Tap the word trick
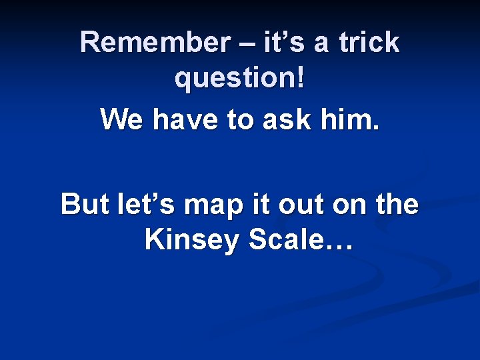tap(369, 43)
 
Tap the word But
tap(84, 203)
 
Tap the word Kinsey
tap(191, 241)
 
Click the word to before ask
tap(243, 121)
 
